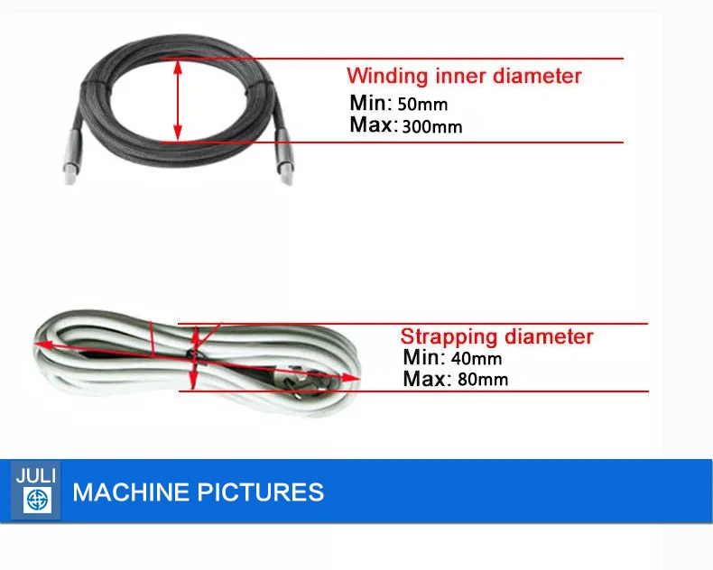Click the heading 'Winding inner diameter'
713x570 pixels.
[464, 76]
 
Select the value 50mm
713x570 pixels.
[422, 105]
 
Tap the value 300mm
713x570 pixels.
[432, 126]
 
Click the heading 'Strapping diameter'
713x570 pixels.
[496, 336]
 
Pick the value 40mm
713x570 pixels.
[477, 359]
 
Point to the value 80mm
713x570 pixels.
[483, 380]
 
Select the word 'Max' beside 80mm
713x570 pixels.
[425, 379]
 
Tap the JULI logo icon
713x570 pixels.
[37, 500]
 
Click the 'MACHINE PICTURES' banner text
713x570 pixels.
[199, 492]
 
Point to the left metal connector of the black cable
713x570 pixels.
[70, 157]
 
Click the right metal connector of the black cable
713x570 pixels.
[284, 156]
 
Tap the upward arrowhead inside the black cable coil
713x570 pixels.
[179, 69]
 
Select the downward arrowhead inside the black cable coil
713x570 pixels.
[178, 133]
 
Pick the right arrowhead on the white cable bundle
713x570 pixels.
[350, 378]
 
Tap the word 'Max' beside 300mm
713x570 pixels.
[373, 124]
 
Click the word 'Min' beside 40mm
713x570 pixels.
[423, 357]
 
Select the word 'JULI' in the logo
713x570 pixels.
[36, 476]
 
